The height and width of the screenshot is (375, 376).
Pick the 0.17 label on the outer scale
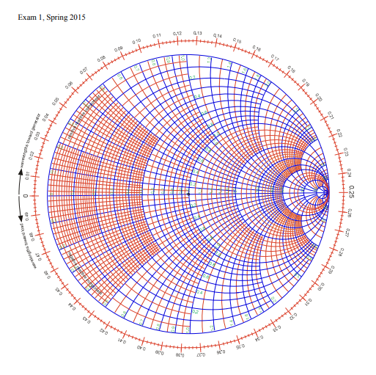[x=275, y=57]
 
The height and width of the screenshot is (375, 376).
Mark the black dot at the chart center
[x=188, y=194]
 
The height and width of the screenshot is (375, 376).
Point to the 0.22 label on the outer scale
[x=339, y=134]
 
